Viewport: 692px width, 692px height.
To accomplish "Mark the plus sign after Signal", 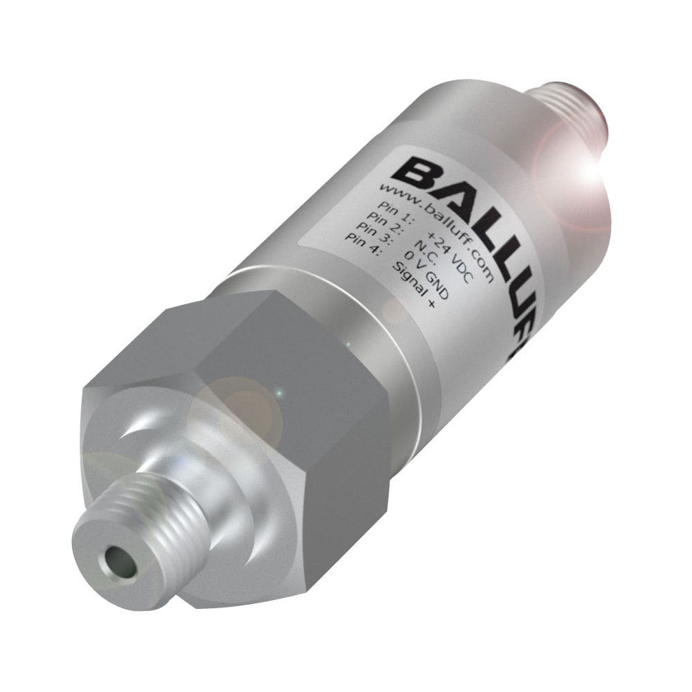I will point(432,309).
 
